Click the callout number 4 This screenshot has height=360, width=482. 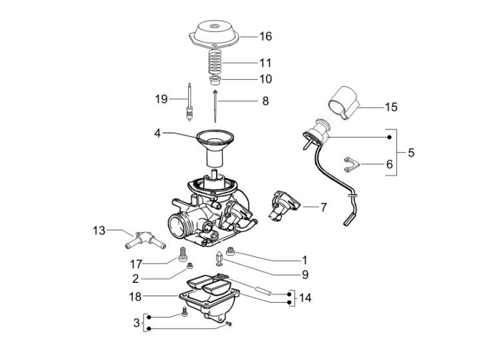click(158, 133)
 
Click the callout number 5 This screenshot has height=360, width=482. click(411, 153)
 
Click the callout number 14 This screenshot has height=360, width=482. click(304, 298)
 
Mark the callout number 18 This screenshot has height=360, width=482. click(135, 296)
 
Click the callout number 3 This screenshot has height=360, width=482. click(136, 323)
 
